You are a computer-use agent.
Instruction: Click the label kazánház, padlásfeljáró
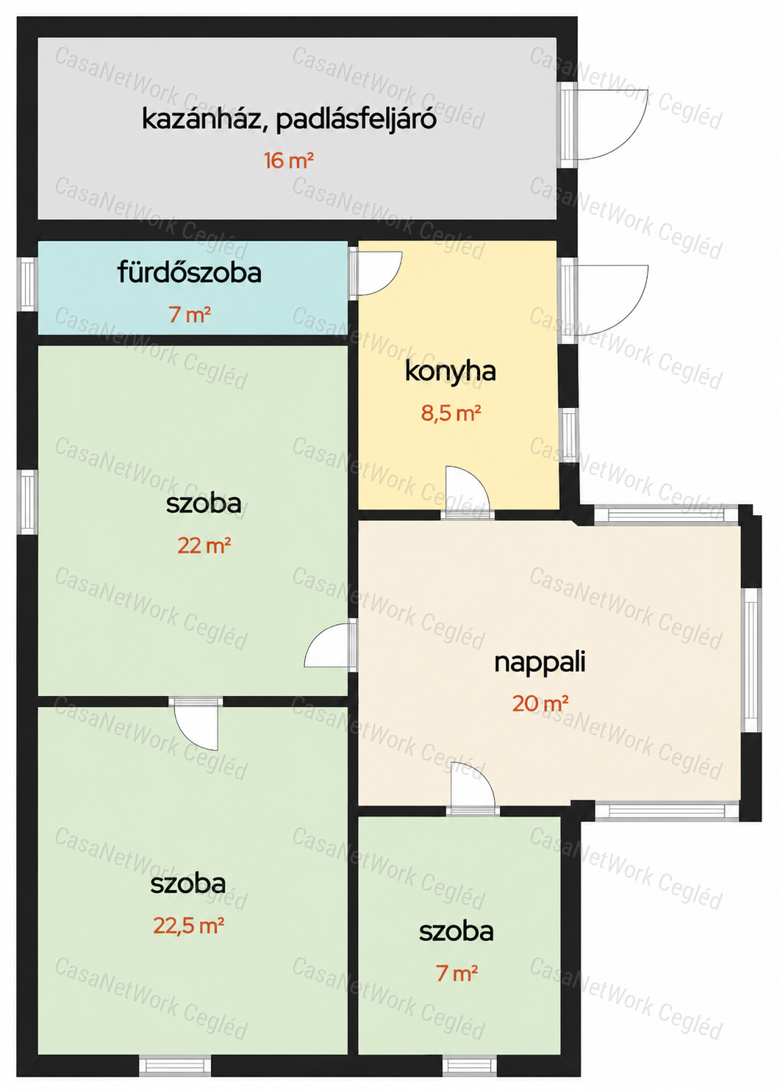pos(288,120)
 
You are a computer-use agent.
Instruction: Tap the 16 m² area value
pos(288,160)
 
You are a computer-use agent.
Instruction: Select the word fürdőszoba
pos(189,273)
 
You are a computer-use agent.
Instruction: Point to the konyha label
pos(450,372)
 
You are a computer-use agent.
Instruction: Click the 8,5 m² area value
pos(451,413)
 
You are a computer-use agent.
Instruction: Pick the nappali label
pos(540,663)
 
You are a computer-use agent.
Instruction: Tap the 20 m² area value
pos(540,703)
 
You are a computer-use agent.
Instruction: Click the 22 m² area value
pos(204,546)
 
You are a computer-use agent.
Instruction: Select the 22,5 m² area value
pos(189,926)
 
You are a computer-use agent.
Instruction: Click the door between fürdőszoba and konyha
pos(375,273)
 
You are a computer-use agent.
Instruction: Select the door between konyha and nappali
pos(468,492)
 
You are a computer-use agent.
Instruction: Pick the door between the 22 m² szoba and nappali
pos(331,645)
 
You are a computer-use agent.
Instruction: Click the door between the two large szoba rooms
pos(196,723)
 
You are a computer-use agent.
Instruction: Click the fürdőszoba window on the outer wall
pos(27,284)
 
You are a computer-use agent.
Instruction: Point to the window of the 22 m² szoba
pos(27,502)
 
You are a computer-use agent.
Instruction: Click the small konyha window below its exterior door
pos(569,436)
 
